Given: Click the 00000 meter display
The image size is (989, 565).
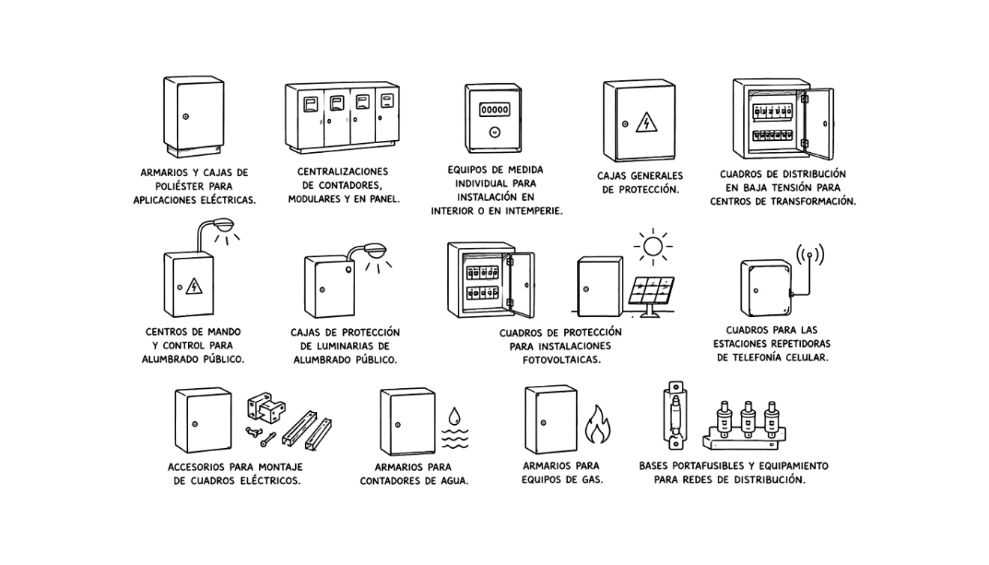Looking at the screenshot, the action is point(494,109).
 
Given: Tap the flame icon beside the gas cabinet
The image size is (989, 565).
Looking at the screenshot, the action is point(597,424).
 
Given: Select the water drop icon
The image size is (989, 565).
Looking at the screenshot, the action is point(454,415).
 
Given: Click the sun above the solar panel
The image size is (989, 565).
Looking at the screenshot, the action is point(653,247).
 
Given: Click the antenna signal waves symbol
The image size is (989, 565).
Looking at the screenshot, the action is point(810,255).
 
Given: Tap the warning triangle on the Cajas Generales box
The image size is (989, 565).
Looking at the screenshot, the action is point(647,122).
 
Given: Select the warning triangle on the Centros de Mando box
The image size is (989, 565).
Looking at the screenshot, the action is point(194,286).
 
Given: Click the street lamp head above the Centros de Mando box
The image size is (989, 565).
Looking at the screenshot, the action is point(225,225).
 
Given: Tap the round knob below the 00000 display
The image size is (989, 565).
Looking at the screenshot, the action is point(494,132).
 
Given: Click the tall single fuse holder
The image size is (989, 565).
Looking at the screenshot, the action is point(675,416).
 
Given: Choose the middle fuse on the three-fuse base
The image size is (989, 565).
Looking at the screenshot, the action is point(748,420).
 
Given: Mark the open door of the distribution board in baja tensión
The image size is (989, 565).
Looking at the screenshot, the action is point(819,124).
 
